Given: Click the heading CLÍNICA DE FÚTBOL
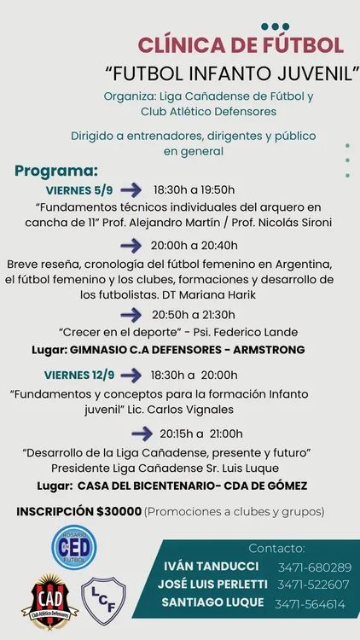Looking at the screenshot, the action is coord(241,45).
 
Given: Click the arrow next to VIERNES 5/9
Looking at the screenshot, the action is coord(131,189).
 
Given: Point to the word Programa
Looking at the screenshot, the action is coord(55,171).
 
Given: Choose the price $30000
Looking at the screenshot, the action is coord(119,511).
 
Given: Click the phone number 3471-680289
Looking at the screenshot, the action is coord(314,567).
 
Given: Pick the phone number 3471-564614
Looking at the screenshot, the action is coord(310,604).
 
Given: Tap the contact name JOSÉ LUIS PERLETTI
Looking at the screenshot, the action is coord(212,585).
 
